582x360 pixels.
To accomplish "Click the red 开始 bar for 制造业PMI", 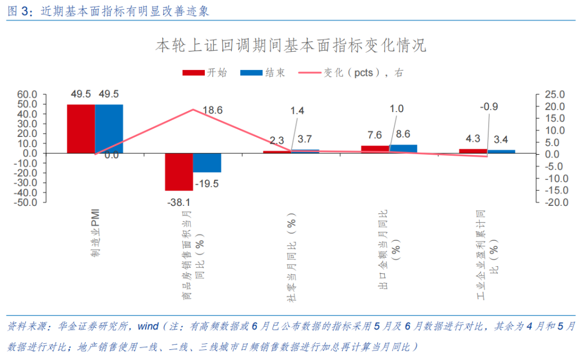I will (81, 129).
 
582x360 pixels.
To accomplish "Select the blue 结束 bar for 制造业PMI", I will (109, 129).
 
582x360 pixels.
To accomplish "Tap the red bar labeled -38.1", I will (179, 172).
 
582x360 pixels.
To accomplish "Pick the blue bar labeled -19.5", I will (207, 163).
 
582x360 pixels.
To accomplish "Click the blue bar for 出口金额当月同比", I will (403, 149).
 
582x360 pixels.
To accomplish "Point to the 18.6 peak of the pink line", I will (193, 109).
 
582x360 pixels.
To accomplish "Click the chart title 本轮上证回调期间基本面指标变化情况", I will (291, 45).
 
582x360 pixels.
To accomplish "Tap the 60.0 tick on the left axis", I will (27, 94).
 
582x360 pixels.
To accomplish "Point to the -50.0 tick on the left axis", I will (26, 203).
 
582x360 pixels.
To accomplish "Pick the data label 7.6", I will (375, 135).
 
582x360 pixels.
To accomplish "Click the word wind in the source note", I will (148, 327).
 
